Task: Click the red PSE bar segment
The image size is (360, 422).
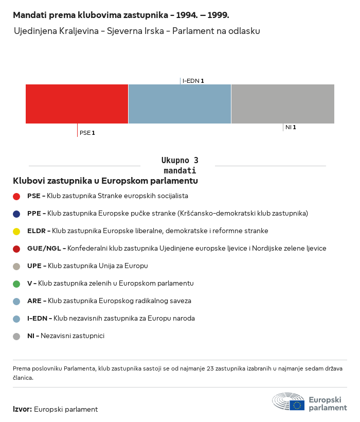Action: click(x=77, y=104)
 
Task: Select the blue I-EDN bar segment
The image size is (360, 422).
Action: click(x=179, y=104)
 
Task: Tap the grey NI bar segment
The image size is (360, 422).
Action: click(x=283, y=104)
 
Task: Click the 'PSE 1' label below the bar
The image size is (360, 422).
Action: click(x=87, y=133)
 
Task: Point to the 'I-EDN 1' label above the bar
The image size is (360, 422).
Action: click(x=193, y=81)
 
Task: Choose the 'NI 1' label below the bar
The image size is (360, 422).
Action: click(x=291, y=127)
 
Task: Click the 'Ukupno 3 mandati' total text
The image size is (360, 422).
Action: click(x=179, y=165)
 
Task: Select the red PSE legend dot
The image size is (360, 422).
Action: click(x=16, y=196)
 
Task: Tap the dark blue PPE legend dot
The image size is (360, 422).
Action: click(x=16, y=214)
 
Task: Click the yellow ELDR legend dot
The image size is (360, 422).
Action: click(x=16, y=231)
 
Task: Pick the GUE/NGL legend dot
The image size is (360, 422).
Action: click(x=16, y=249)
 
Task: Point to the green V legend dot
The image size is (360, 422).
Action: click(x=16, y=284)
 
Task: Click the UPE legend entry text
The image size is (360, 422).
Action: click(x=87, y=266)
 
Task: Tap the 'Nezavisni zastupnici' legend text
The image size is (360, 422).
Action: click(x=72, y=336)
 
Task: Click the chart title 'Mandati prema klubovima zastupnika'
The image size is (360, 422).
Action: click(x=121, y=15)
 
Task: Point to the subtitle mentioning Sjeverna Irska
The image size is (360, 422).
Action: click(x=137, y=31)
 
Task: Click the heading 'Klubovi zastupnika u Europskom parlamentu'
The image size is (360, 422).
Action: click(x=105, y=181)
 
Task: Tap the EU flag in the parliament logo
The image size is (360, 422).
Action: click(x=297, y=405)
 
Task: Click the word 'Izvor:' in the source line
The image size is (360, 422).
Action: click(x=23, y=410)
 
